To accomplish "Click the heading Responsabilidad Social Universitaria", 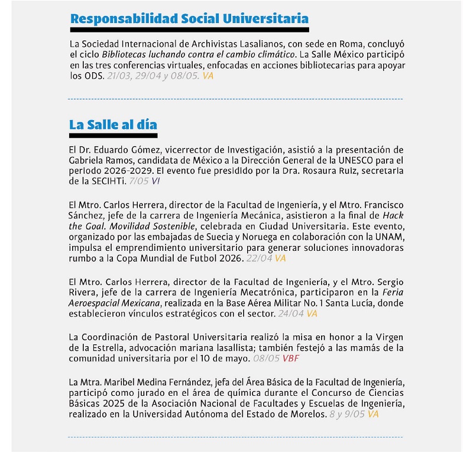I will [x=189, y=18].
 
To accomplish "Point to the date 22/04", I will [x=260, y=259].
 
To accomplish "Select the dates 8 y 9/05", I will [x=346, y=415].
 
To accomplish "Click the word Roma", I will [x=322, y=44].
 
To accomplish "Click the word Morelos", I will [x=309, y=415].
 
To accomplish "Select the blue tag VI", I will [x=156, y=180].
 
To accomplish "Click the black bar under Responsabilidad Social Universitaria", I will [x=189, y=30].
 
